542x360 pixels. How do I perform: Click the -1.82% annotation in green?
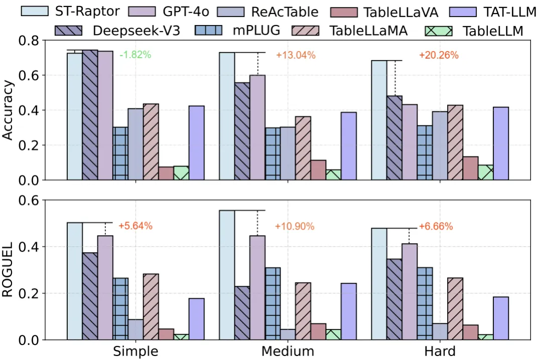point(135,55)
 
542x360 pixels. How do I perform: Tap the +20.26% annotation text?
point(439,55)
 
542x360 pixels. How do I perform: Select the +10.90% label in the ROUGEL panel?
point(295,226)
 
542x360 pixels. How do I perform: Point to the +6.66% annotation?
point(436,226)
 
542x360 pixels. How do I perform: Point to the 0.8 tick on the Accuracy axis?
point(29,41)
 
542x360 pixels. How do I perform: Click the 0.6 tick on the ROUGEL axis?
point(29,200)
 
